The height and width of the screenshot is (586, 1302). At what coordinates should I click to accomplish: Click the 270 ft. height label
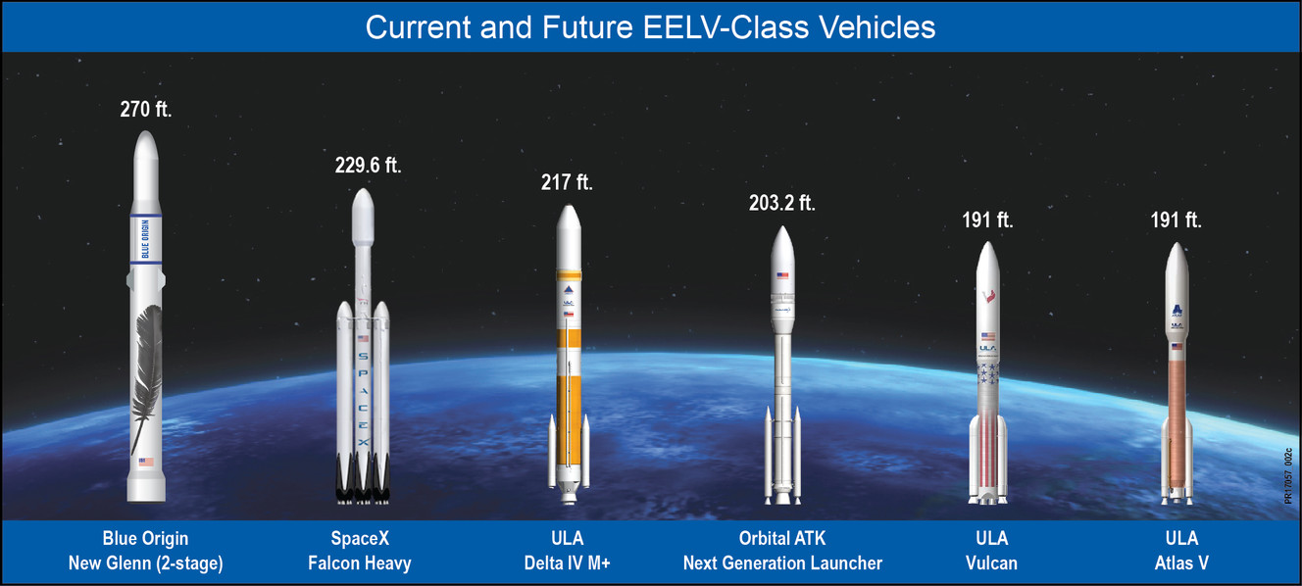pyautogui.click(x=145, y=110)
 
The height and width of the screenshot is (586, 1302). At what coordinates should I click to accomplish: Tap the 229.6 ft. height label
pyautogui.click(x=369, y=165)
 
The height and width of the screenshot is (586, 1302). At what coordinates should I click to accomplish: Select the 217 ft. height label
pyautogui.click(x=567, y=182)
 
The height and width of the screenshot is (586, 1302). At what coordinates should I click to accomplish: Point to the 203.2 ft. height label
pyautogui.click(x=781, y=204)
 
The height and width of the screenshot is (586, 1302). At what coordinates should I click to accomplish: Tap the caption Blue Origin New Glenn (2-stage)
pyautogui.click(x=145, y=551)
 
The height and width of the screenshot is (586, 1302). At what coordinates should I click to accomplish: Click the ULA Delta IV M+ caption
pyautogui.click(x=567, y=551)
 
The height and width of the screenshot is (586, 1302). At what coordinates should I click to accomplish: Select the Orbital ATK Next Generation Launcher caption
pyautogui.click(x=782, y=551)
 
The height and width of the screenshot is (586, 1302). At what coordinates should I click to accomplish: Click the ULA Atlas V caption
pyautogui.click(x=1180, y=551)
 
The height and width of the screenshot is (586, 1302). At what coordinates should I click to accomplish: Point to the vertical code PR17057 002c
pyautogui.click(x=1289, y=476)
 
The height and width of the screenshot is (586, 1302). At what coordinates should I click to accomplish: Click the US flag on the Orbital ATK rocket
pyautogui.click(x=781, y=276)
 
